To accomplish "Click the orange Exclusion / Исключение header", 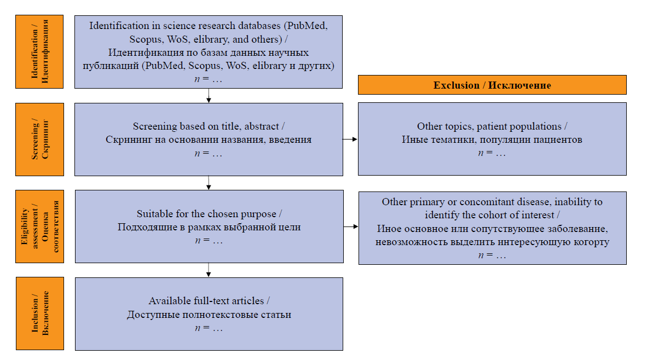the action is click(x=492, y=85).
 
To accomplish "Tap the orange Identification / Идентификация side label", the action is click(x=39, y=51).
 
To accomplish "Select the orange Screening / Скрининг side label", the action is click(x=39, y=140).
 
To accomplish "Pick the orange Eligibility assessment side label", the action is click(x=39, y=227).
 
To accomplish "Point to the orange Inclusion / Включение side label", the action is click(x=40, y=313).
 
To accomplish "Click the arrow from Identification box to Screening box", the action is click(x=209, y=96).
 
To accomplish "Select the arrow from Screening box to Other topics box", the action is click(x=350, y=140).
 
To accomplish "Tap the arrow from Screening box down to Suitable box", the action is click(x=209, y=183).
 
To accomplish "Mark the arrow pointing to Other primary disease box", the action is click(x=351, y=227).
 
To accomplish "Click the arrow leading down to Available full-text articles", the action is click(x=209, y=270).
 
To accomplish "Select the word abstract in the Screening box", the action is click(x=262, y=126).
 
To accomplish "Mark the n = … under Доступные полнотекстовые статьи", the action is click(x=209, y=328).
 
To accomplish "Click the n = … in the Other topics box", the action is click(x=492, y=153).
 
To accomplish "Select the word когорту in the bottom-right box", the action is click(x=591, y=242).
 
